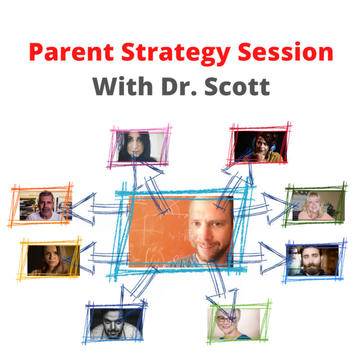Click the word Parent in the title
71,52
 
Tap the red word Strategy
175,54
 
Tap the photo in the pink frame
140,146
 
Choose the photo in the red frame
260,146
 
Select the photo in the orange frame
45,205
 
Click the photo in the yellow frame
53,260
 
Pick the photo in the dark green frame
318,205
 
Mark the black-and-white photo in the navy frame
116,324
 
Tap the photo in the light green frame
233,324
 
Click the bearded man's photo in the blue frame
313,260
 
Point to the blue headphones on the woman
272,146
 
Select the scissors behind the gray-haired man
35,206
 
